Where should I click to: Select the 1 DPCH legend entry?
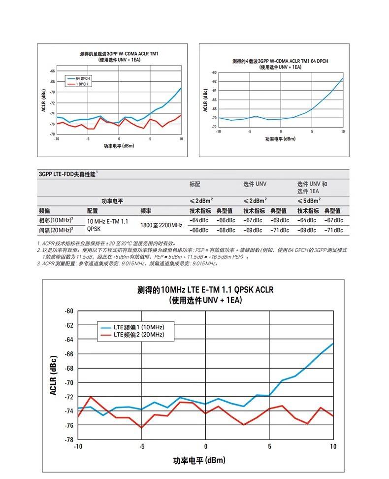coord(82,84)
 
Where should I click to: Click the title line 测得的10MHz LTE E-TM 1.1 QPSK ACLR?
coord(205,290)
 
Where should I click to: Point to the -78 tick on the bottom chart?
coord(69,439)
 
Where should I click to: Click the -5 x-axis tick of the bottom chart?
coord(142,446)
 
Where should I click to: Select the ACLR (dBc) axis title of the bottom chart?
coord(54,375)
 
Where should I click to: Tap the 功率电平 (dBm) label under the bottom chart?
coord(199,460)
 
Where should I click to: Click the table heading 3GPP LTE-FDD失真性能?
coord(68,174)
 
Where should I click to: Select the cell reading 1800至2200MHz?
coord(161,225)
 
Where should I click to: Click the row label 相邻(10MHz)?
coord(56,220)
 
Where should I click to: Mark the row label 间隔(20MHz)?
coord(56,230)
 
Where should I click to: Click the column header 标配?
coord(195,184)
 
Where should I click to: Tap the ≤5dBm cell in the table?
coord(309,201)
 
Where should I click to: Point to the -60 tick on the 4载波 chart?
coord(214,72)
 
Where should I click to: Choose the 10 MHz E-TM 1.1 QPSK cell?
coord(107,225)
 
